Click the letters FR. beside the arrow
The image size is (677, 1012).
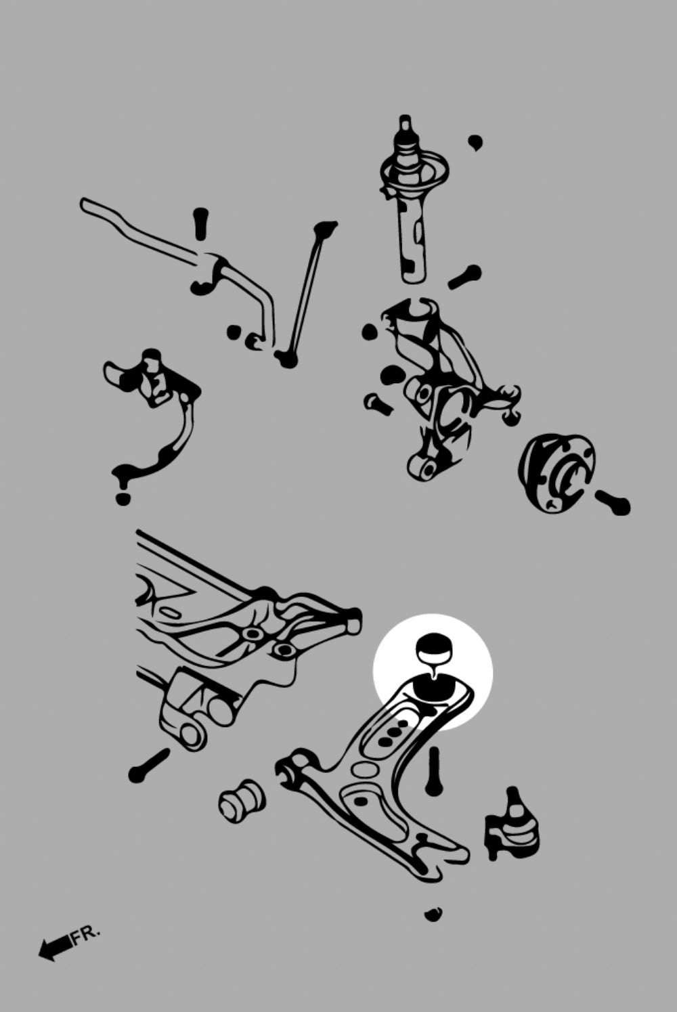85,934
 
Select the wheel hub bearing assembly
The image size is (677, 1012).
556,472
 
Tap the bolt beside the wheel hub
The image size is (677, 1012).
613,502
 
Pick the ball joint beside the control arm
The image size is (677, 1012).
512,826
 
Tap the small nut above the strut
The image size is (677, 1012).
475,143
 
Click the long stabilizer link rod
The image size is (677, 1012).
307,294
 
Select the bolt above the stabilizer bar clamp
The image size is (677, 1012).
198,223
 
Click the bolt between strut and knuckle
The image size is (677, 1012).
464,277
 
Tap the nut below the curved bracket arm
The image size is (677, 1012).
123,498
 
